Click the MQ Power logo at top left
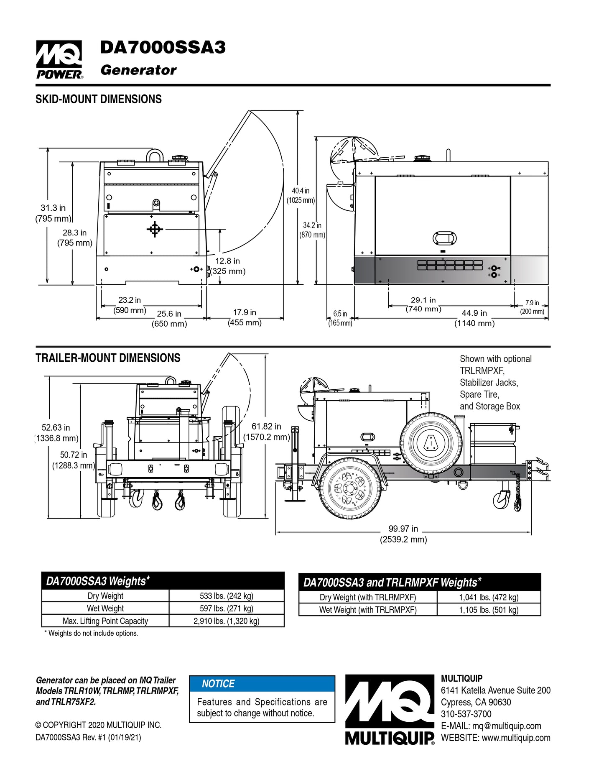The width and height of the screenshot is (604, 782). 59,59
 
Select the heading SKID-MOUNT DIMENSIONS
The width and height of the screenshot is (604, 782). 98,99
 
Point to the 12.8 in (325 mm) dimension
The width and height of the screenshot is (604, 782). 227,266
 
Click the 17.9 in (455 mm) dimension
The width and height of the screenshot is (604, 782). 245,317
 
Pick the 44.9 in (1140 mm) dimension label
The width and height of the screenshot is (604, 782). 474,318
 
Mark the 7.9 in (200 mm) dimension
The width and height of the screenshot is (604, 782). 532,307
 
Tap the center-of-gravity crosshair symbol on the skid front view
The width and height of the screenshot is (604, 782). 155,229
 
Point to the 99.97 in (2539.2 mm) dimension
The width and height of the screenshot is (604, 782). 403,534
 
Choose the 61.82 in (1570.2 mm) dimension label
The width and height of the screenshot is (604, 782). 266,432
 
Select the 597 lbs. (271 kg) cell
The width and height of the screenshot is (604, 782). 226,608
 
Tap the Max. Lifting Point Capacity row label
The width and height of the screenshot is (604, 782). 105,621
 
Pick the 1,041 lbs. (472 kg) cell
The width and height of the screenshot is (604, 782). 488,597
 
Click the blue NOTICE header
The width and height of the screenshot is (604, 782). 262,684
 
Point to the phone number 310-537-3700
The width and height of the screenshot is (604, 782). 466,714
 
